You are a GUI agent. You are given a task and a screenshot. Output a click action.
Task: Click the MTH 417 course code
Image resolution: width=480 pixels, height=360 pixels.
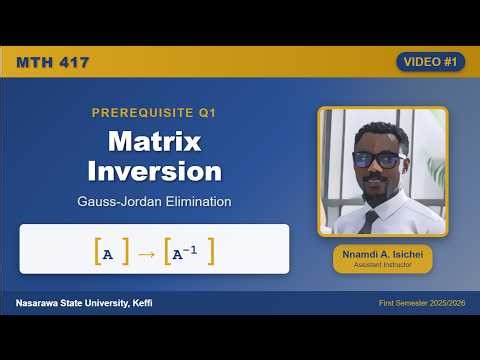[53, 62]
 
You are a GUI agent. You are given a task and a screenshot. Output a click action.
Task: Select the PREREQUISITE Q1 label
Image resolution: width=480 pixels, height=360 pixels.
[154, 113]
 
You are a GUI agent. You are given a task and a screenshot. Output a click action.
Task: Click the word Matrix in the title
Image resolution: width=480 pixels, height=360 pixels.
[154, 140]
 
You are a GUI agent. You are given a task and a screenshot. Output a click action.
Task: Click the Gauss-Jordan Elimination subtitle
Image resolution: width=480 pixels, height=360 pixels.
[154, 201]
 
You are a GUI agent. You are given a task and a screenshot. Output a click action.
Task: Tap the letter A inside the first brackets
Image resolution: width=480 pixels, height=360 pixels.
[108, 254]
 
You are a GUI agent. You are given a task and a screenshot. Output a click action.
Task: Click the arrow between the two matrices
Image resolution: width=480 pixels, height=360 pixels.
[146, 254]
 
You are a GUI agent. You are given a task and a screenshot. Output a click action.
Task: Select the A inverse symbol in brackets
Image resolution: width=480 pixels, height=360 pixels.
[188, 254]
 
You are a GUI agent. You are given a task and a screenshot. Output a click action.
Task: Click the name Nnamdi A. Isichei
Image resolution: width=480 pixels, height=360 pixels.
[383, 255]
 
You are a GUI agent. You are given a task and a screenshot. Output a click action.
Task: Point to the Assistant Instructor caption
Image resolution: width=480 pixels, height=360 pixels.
[383, 267]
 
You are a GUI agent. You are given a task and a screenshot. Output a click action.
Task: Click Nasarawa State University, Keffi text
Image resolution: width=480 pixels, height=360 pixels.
[84, 302]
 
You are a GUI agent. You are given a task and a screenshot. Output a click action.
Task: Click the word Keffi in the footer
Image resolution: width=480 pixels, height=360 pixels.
[140, 302]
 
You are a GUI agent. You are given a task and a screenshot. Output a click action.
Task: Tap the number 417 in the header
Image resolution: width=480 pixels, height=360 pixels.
[74, 62]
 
